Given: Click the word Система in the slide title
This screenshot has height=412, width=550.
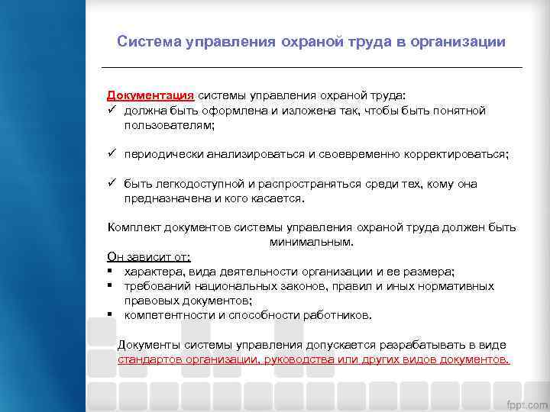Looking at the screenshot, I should [148, 41].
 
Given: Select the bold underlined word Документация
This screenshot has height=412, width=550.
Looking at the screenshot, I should [150, 96].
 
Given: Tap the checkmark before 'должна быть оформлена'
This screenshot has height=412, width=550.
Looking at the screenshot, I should [112, 111].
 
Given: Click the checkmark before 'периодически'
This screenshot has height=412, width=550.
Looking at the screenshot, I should [112, 154].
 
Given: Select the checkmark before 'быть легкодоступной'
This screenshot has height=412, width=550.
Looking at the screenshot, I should [112, 184].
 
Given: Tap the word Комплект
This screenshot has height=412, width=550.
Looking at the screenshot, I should [134, 227].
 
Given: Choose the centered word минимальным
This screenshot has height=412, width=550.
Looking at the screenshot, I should [311, 242].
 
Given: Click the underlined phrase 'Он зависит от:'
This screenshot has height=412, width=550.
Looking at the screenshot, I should [149, 257].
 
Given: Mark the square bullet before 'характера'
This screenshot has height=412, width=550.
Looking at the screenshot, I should [111, 272].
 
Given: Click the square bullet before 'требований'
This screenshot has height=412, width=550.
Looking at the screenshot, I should [111, 286].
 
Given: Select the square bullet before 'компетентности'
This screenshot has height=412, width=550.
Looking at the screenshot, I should [111, 315].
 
